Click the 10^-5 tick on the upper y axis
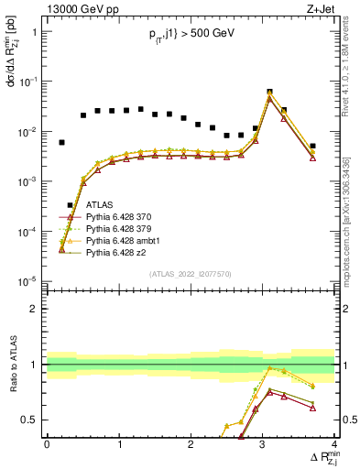28,281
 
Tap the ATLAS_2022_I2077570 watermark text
191,273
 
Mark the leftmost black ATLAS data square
61,143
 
